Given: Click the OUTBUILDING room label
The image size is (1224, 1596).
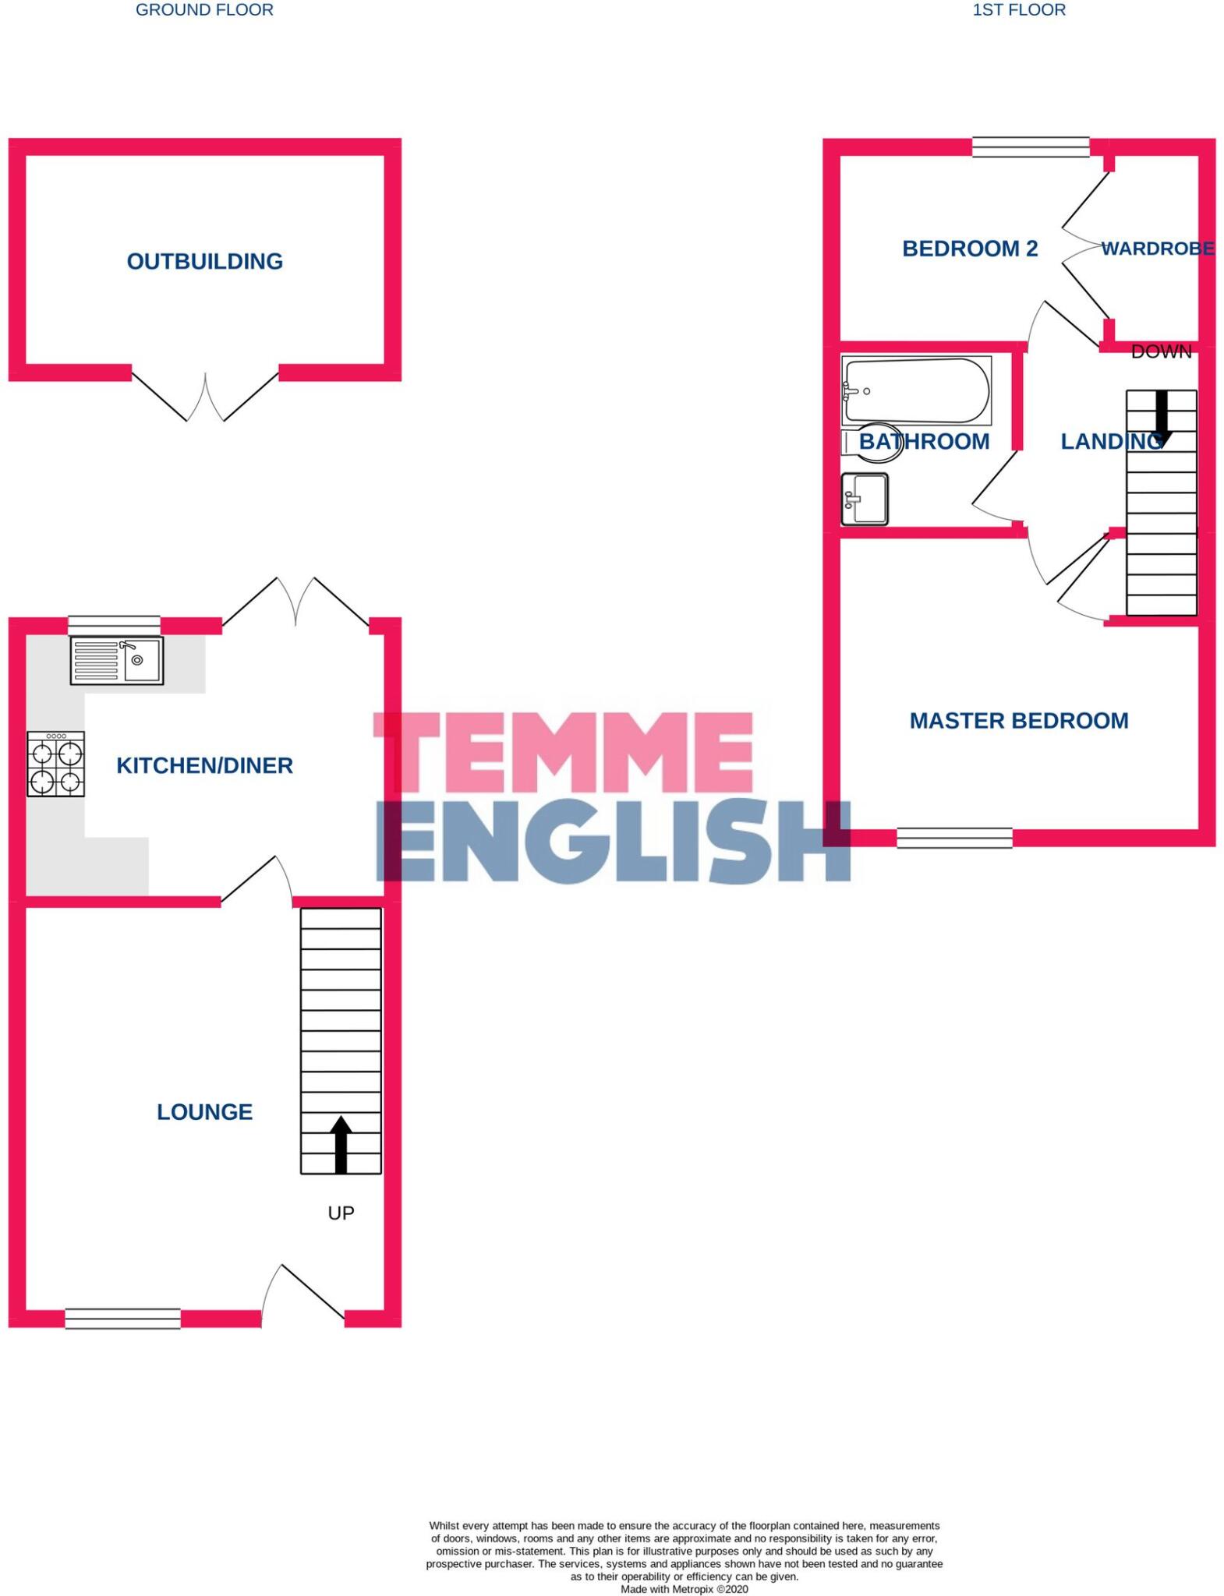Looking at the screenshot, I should coord(204,261).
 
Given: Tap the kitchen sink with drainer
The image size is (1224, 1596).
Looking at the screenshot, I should coord(117,660).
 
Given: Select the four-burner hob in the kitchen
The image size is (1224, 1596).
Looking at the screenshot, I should coord(55,764).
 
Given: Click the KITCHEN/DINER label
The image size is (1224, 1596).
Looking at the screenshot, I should coord(204,765).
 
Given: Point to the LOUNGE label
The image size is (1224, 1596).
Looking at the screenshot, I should coord(204,1111).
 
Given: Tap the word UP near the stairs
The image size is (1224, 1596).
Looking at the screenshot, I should coord(341,1213).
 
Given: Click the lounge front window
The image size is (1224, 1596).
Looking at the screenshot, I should coord(122,1318).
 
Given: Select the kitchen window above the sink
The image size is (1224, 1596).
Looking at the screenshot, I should coord(114,624).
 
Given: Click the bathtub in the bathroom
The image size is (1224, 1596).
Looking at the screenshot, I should coord(916,390).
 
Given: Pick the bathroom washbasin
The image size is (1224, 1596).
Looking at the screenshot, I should coord(865,499).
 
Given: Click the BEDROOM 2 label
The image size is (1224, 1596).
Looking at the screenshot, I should coord(970,249).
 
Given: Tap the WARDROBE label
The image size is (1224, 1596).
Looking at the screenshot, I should coord(1158,249).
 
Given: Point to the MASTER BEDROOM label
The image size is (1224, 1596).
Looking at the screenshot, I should coord(1019,720).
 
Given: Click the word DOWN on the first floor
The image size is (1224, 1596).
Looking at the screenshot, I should coord(1161,352).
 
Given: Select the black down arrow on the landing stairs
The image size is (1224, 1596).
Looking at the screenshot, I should coord(1162,417).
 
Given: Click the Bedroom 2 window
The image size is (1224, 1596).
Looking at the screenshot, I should coord(1030,147).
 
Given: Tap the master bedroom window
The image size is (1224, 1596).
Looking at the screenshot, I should coord(954,838).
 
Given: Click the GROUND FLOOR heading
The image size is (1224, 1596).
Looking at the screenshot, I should coord(204,10).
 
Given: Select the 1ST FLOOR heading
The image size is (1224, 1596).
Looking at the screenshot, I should coord(1019,10).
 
